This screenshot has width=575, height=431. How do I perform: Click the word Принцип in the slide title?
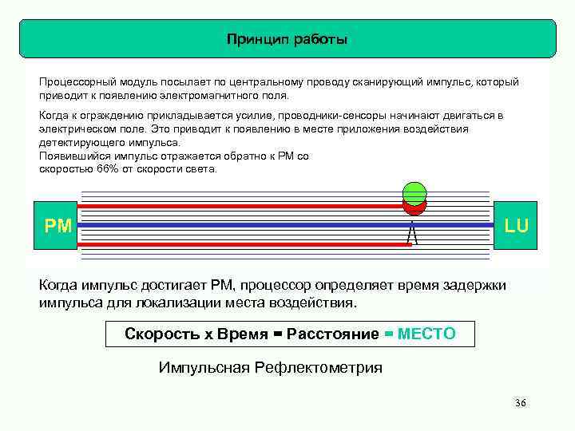click(252, 39)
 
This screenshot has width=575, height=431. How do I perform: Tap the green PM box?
click(58, 226)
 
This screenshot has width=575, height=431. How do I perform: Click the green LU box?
click(516, 226)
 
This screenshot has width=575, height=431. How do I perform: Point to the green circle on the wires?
click(414, 192)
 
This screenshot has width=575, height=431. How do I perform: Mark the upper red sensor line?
click(240, 205)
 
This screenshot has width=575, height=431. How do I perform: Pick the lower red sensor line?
click(240, 244)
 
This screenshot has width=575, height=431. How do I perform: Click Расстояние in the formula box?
click(332, 334)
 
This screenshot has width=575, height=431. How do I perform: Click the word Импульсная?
click(203, 368)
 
